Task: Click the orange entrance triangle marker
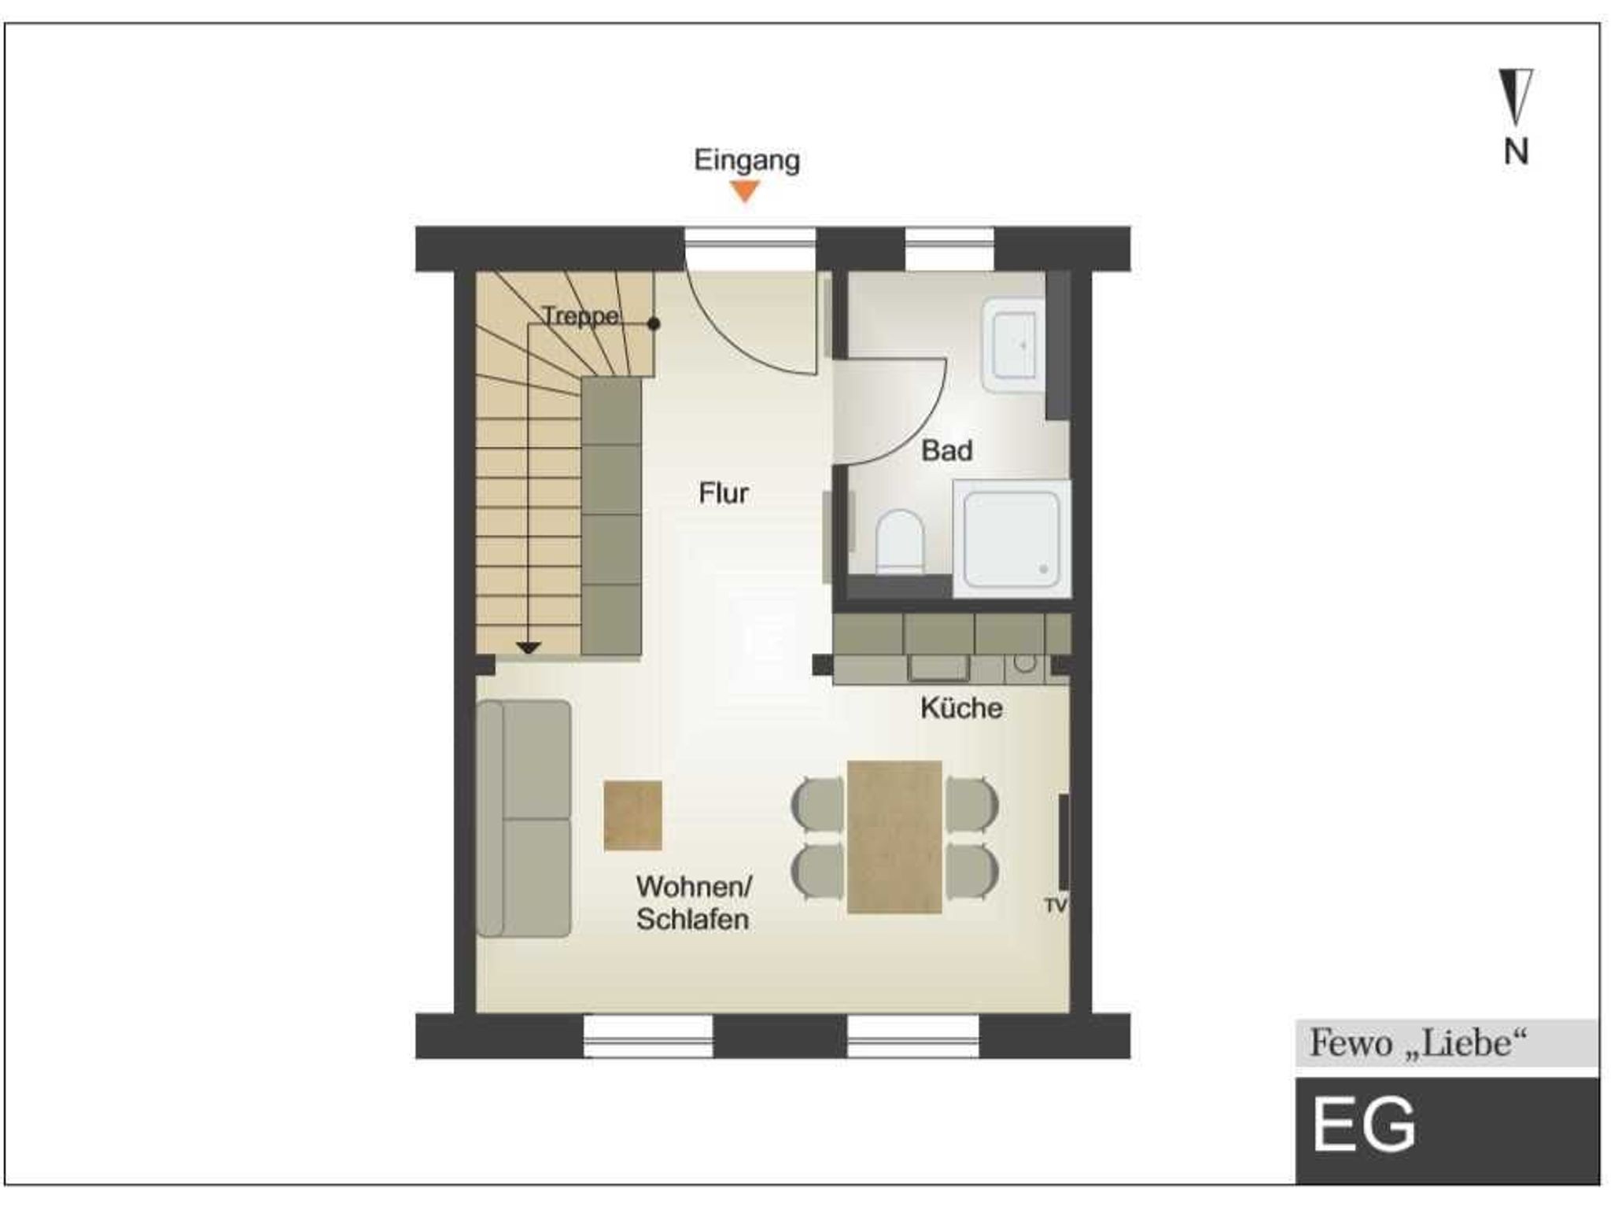[744, 190]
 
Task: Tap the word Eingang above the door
[747, 160]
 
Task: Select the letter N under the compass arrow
[1516, 151]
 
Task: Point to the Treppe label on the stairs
[581, 316]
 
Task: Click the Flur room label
[723, 493]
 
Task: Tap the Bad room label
[946, 451]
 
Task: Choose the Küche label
[961, 708]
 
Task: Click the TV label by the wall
[1055, 906]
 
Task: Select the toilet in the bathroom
[899, 541]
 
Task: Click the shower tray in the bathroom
[1012, 539]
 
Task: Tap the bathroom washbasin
[1013, 345]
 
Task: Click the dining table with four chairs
[894, 837]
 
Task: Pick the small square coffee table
[632, 815]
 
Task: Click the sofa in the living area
[523, 818]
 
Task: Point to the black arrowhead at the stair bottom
[529, 647]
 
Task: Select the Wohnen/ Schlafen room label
[694, 902]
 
